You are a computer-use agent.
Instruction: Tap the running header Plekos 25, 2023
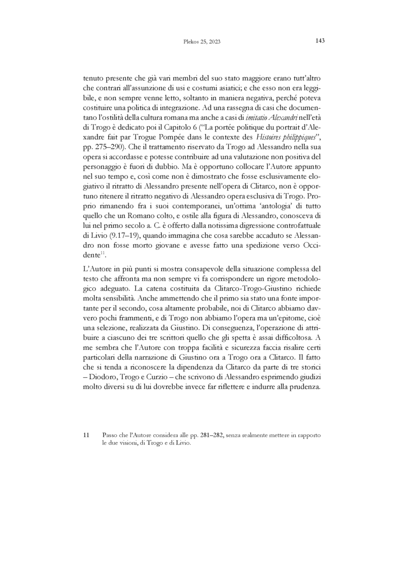(x=202, y=42)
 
